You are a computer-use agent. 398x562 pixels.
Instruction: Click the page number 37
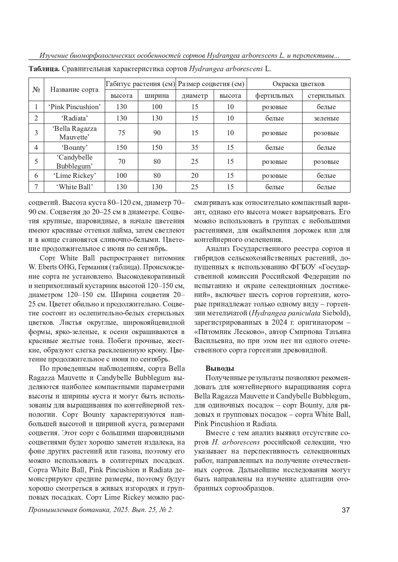(345, 510)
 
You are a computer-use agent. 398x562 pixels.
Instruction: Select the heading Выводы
(220, 368)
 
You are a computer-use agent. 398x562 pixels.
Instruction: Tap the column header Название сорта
(74, 89)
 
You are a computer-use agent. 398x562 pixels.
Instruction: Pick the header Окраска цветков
(298, 84)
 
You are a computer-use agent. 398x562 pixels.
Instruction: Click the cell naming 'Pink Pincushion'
(74, 107)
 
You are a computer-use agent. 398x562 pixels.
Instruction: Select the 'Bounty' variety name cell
(74, 147)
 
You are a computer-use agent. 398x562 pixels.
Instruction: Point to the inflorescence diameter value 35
(195, 147)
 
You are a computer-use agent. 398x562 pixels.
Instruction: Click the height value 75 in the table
(121, 133)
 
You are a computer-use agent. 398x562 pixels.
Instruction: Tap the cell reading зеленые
(326, 118)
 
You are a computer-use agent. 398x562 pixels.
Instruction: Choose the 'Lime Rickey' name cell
(74, 176)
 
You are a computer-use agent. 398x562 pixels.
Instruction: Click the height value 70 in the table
(121, 162)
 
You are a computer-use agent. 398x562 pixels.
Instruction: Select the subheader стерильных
(326, 96)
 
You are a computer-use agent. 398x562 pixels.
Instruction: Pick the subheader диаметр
(195, 96)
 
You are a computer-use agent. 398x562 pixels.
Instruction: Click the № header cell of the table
(36, 89)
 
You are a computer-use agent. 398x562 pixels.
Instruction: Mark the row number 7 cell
(36, 187)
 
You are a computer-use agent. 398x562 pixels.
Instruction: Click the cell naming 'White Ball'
(74, 187)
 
